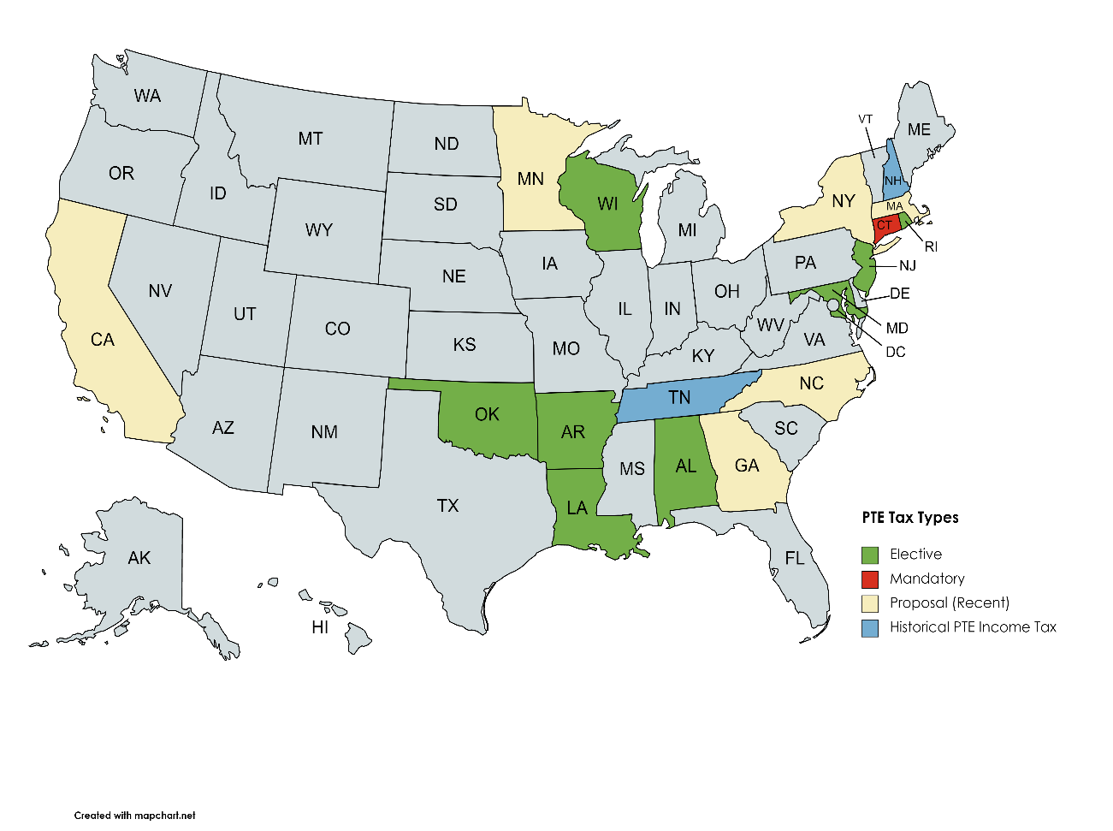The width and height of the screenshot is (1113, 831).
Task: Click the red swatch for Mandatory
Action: pos(870,579)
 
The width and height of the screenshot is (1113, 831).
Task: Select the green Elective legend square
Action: pos(870,555)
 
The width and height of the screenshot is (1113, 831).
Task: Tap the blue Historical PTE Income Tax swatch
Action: pos(870,627)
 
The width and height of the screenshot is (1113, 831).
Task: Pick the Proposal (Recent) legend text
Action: pos(950,602)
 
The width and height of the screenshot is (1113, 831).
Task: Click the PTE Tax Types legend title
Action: pos(910,518)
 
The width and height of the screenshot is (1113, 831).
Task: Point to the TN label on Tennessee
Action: pos(679,398)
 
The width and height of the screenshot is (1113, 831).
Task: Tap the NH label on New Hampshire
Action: pos(893,181)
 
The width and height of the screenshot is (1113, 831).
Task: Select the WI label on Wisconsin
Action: pos(607,204)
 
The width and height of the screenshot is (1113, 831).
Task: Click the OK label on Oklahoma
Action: pos(487,414)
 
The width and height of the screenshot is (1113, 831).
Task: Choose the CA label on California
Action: pos(103,340)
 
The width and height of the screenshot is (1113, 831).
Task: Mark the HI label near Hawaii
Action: pos(320,627)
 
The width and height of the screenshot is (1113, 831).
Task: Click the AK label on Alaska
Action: pos(139,558)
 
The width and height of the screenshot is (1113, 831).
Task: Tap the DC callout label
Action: pos(896,352)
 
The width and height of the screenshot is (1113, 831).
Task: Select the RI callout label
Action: pos(931,246)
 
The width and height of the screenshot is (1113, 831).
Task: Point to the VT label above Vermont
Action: pos(866,119)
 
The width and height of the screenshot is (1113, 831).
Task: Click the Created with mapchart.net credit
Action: pos(134,816)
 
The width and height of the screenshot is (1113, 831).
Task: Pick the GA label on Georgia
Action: pos(747,466)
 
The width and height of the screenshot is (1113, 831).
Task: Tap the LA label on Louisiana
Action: pos(577,508)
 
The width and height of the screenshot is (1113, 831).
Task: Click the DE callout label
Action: pos(900,294)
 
